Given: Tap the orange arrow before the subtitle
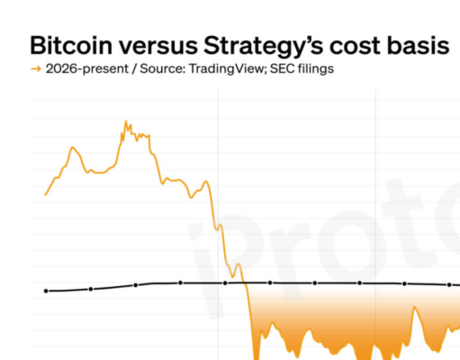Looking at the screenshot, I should [35, 69].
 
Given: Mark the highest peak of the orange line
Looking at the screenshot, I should [125, 121].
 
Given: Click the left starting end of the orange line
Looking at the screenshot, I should [46, 193].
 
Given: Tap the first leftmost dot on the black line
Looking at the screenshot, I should [46, 291].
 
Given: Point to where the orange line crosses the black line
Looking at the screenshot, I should [245, 283].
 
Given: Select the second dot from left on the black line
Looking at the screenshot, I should [91, 289].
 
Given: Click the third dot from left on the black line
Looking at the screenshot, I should [136, 284].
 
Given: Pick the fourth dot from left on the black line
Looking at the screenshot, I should [181, 283].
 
